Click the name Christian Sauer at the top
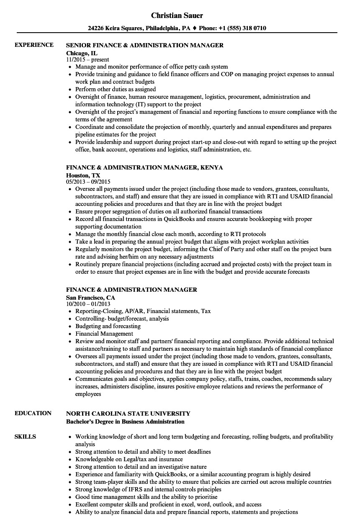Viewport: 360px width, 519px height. [x=177, y=15]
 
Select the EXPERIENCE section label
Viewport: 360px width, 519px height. [x=34, y=45]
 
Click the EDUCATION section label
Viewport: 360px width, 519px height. [x=33, y=413]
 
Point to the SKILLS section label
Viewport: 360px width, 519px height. [x=25, y=437]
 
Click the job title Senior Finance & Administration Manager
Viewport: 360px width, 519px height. [x=145, y=45]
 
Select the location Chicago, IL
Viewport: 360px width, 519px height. [x=82, y=53]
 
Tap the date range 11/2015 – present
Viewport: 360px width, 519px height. [x=87, y=60]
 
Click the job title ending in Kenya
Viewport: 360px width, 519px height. [x=144, y=167]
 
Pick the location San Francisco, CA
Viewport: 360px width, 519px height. [x=90, y=298]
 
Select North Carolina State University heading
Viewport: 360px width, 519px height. [x=128, y=413]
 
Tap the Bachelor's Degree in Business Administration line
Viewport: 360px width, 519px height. [x=125, y=421]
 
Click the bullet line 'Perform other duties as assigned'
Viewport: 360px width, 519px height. [x=116, y=89]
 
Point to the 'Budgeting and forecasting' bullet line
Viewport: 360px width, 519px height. [x=108, y=326]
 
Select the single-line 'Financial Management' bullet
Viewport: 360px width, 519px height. [x=104, y=334]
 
